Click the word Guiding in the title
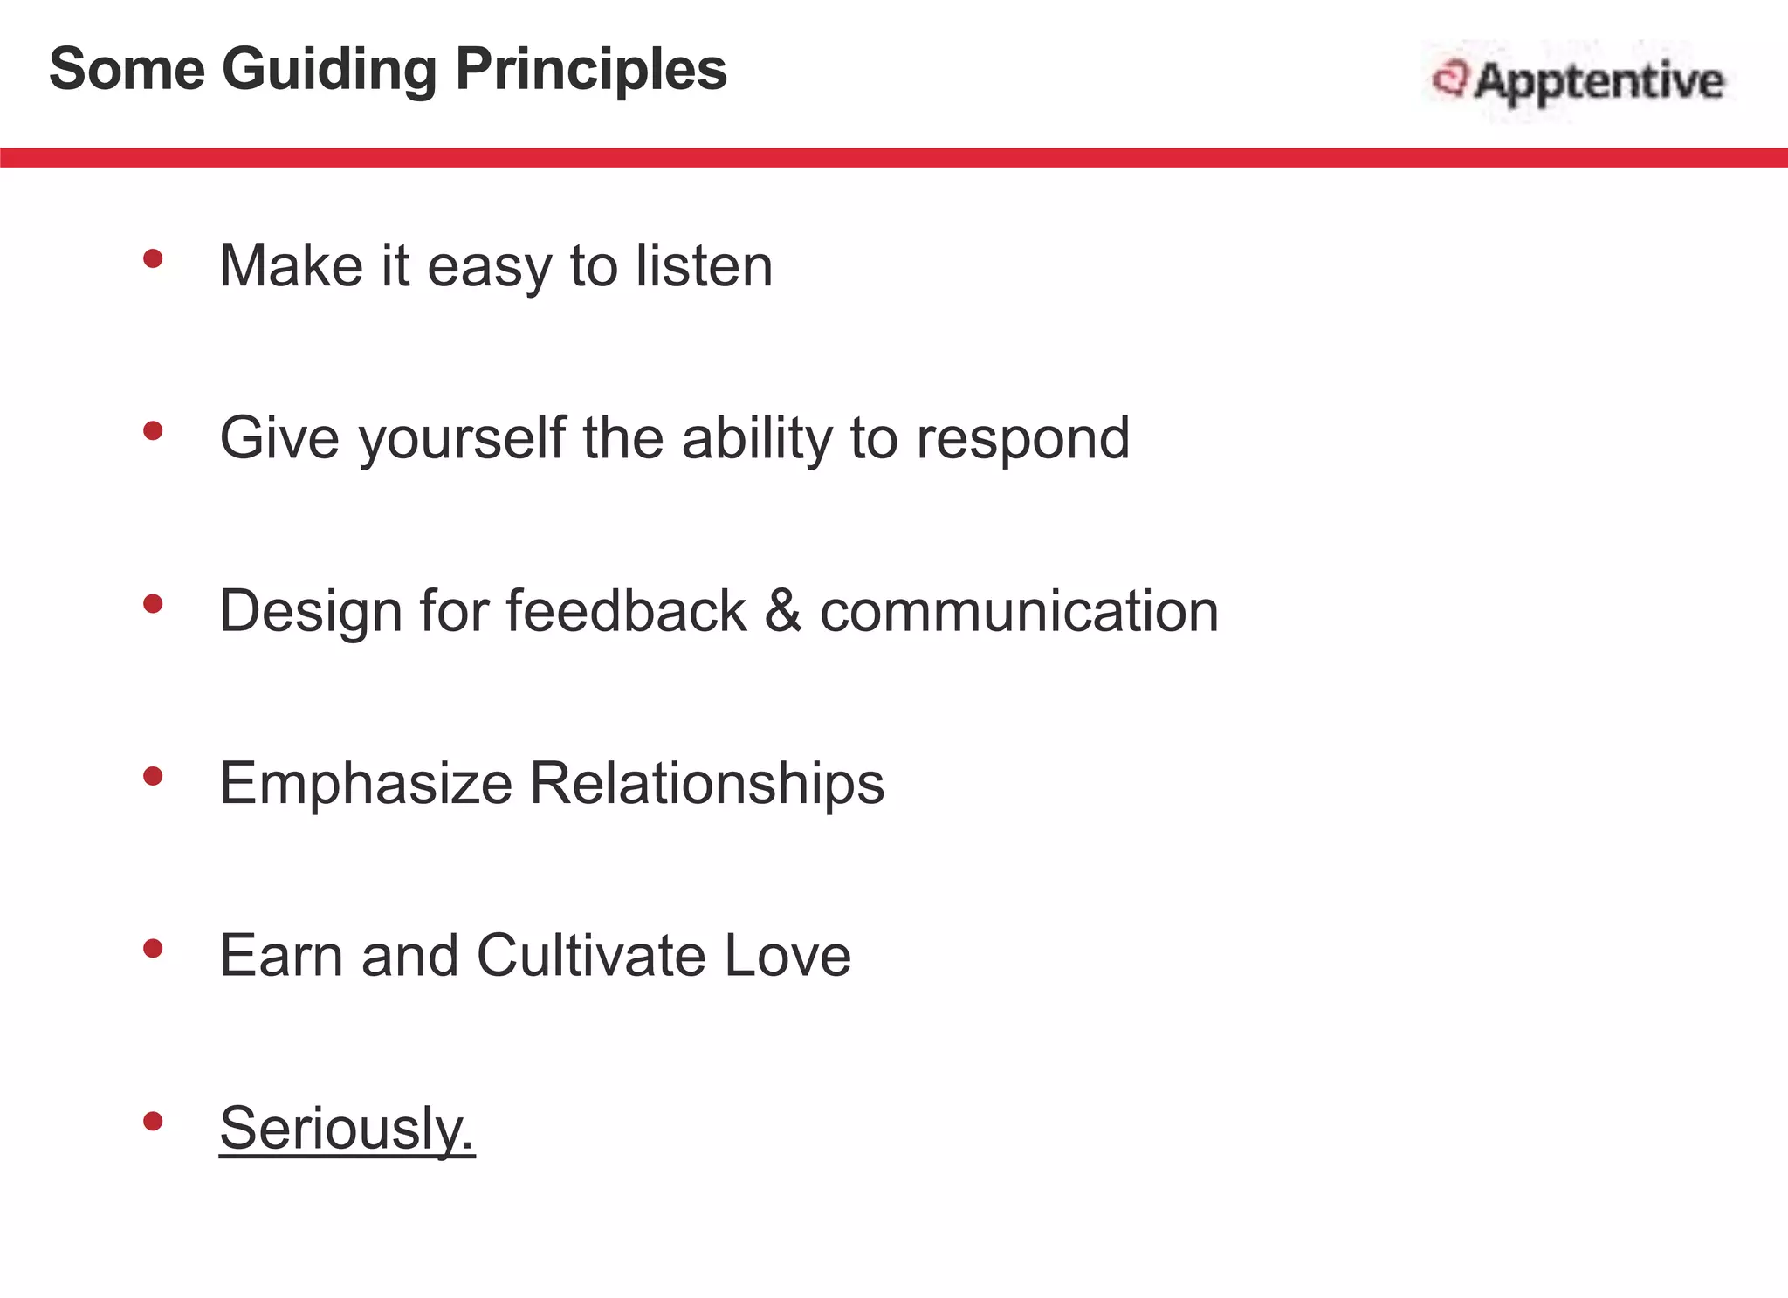(329, 70)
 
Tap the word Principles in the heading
(591, 70)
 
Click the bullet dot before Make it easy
(153, 258)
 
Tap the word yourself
(462, 438)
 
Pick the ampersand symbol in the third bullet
(783, 610)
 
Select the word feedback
(626, 610)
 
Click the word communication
(1019, 610)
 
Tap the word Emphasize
(366, 783)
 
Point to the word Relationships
(707, 783)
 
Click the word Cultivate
(591, 955)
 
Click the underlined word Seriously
(347, 1128)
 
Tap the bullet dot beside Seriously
(153, 1121)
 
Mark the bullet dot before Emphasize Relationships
(153, 776)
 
